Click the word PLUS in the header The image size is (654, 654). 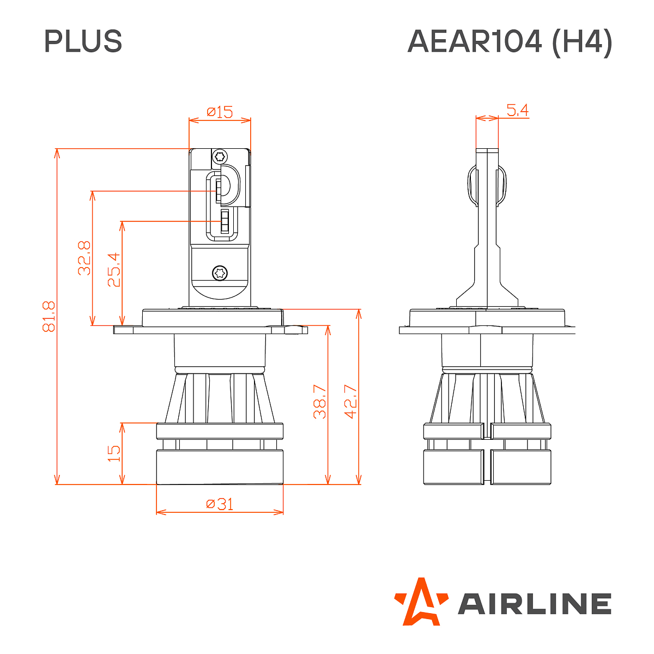point(83,41)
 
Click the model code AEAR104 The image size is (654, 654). point(475,41)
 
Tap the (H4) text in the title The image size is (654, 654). point(582,41)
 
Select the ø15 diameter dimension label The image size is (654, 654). point(220,112)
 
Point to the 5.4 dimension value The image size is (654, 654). point(517,111)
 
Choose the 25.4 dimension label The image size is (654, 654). point(114,269)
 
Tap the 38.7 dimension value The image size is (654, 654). point(320,402)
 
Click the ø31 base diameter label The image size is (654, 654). point(220,504)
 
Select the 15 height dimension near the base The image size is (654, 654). point(114,453)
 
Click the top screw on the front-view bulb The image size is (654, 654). point(220,156)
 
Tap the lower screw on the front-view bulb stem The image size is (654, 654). point(220,272)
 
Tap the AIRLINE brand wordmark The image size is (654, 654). point(534,604)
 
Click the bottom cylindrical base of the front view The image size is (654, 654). point(220,467)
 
